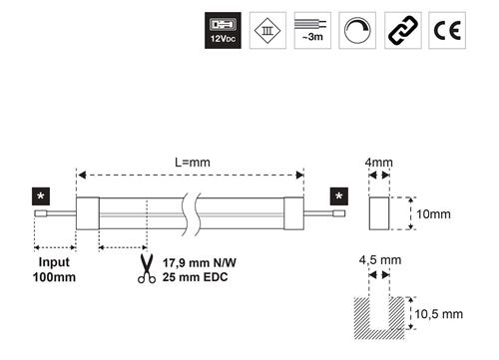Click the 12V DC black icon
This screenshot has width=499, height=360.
(x=223, y=31)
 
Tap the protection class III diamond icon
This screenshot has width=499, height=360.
(x=267, y=31)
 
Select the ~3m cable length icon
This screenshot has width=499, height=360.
(x=312, y=31)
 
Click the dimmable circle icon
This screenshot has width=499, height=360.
(x=357, y=31)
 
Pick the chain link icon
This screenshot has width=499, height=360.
(x=403, y=31)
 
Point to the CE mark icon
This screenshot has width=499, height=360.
(x=447, y=31)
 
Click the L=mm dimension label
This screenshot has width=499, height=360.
(x=193, y=163)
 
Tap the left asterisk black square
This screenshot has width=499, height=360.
(x=41, y=196)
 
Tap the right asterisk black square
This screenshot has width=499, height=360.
(x=339, y=196)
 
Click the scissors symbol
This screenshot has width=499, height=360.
(x=147, y=268)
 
